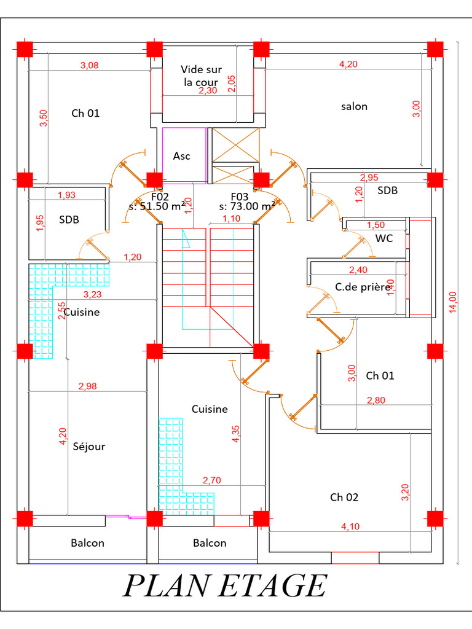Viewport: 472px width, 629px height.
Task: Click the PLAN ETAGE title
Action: point(225,586)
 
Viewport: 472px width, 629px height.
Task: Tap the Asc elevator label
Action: point(181,156)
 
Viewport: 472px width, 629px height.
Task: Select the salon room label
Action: point(354,106)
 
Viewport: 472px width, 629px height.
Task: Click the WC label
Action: point(383,238)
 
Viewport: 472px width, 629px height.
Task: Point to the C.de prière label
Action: point(363,287)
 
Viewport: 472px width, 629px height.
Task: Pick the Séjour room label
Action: point(88,447)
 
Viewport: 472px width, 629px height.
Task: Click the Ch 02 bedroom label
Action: point(344,498)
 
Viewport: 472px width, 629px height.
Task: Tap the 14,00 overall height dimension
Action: point(453,302)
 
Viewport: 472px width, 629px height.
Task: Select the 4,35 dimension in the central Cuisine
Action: point(236,434)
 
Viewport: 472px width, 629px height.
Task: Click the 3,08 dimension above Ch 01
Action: point(90,65)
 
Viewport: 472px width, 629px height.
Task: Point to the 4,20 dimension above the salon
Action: point(348,64)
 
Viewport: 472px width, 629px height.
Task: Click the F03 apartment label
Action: point(240,197)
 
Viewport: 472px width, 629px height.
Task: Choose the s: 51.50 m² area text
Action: point(157,206)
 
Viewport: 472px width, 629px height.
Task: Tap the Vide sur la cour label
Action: point(201,76)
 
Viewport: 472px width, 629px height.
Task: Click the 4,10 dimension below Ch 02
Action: point(350,526)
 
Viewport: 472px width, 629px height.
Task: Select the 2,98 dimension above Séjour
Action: point(87,386)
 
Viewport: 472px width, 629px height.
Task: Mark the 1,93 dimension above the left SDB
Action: point(66,195)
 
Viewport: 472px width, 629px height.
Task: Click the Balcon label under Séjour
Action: point(87,543)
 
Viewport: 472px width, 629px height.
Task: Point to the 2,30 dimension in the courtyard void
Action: point(208,91)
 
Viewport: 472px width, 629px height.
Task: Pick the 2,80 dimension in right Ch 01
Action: point(376,400)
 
